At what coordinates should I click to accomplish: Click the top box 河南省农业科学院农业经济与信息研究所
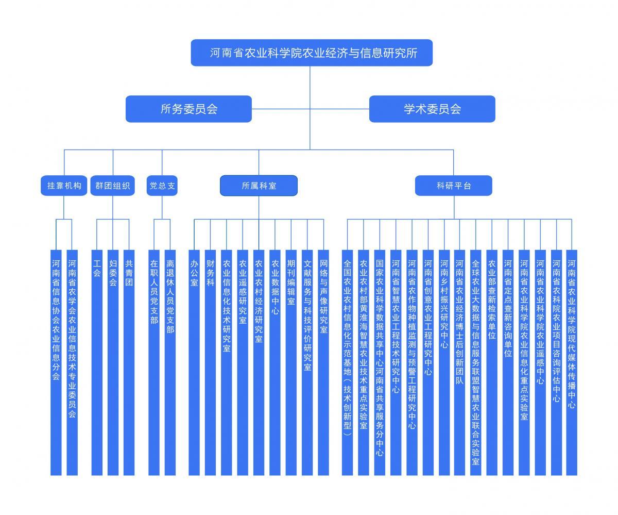[312, 53]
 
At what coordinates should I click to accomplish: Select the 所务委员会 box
[189, 109]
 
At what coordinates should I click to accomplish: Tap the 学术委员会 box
[432, 109]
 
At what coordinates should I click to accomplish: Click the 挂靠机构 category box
[64, 186]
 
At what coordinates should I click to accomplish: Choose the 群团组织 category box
[112, 186]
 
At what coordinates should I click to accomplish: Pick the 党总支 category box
[162, 186]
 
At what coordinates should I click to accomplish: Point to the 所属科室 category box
[259, 186]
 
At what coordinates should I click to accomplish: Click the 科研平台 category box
[454, 186]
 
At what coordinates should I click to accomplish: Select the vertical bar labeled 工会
[97, 363]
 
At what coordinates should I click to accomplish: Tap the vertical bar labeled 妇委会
[113, 363]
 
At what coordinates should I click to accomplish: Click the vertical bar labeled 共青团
[129, 363]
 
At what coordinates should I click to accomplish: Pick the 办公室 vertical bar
[194, 363]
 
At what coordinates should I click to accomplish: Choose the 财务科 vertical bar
[211, 363]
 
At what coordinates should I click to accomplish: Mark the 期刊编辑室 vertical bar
[291, 363]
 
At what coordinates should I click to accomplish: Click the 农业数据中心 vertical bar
[275, 363]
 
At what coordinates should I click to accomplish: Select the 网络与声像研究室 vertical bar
[323, 363]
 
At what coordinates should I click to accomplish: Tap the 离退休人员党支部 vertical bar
[170, 363]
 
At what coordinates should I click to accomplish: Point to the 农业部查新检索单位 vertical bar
[492, 363]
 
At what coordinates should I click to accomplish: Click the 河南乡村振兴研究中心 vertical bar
[444, 363]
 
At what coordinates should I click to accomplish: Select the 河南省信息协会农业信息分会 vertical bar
[56, 363]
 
